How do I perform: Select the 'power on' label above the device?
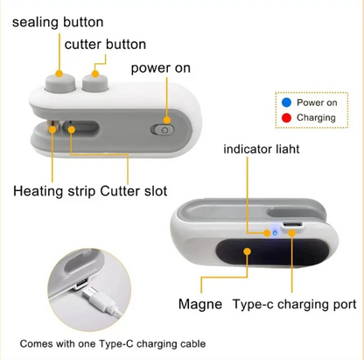click(162, 68)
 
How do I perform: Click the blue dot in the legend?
click(285, 102)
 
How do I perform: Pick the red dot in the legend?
click(285, 117)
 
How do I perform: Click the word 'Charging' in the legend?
click(317, 117)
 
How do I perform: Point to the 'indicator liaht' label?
click(261, 150)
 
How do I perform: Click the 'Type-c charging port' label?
click(294, 305)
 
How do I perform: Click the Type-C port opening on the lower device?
click(293, 229)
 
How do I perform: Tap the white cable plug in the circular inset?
click(106, 300)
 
